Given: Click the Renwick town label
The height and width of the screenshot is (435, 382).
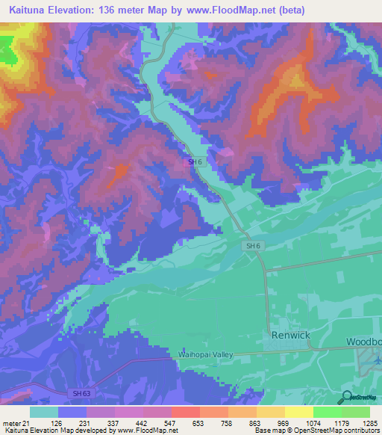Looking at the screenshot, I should (290, 335).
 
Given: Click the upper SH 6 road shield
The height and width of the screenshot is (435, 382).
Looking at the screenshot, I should (193, 162).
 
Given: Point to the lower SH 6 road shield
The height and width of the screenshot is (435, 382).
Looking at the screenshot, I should (252, 245).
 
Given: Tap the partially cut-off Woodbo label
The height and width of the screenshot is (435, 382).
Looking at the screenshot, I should (363, 342).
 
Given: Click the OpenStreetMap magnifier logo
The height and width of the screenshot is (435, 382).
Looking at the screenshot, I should (345, 397).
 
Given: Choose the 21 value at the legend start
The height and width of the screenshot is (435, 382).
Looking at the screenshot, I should (26, 423).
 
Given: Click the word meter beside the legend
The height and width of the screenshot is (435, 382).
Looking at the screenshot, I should (10, 423).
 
